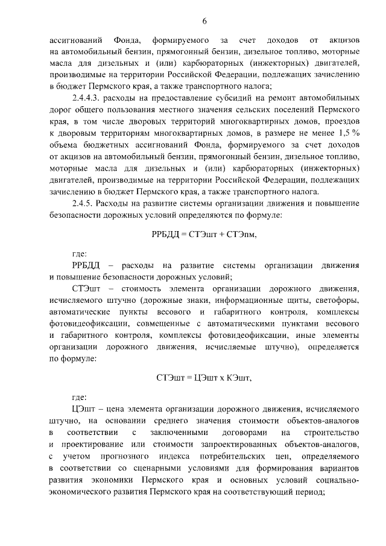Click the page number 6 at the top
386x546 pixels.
click(204, 22)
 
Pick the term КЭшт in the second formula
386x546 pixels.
click(236, 378)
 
